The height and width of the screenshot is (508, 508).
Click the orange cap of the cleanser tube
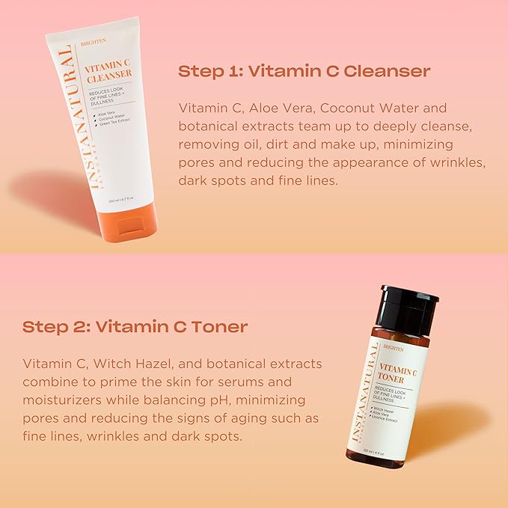pos(128,221)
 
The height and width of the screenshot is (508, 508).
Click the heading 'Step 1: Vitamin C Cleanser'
pos(304,72)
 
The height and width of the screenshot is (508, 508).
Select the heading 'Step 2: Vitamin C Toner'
pos(135,327)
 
